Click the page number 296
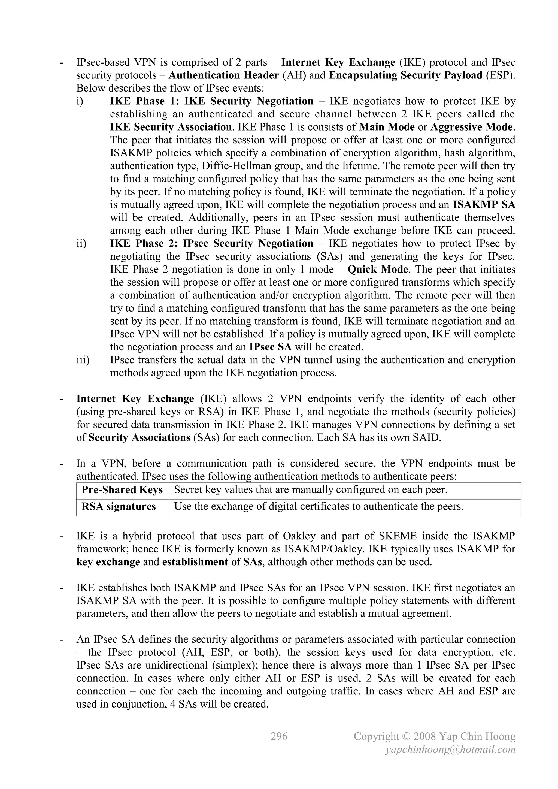279,736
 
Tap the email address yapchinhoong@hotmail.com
450,749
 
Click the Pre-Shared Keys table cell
122,490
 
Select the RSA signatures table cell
119,507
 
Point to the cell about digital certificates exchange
319,507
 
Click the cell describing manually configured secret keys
311,490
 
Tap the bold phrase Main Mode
387,127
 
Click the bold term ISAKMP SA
484,205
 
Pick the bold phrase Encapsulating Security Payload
405,75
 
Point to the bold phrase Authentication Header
223,75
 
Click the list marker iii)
83,360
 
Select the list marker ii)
81,244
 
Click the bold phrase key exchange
108,562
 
